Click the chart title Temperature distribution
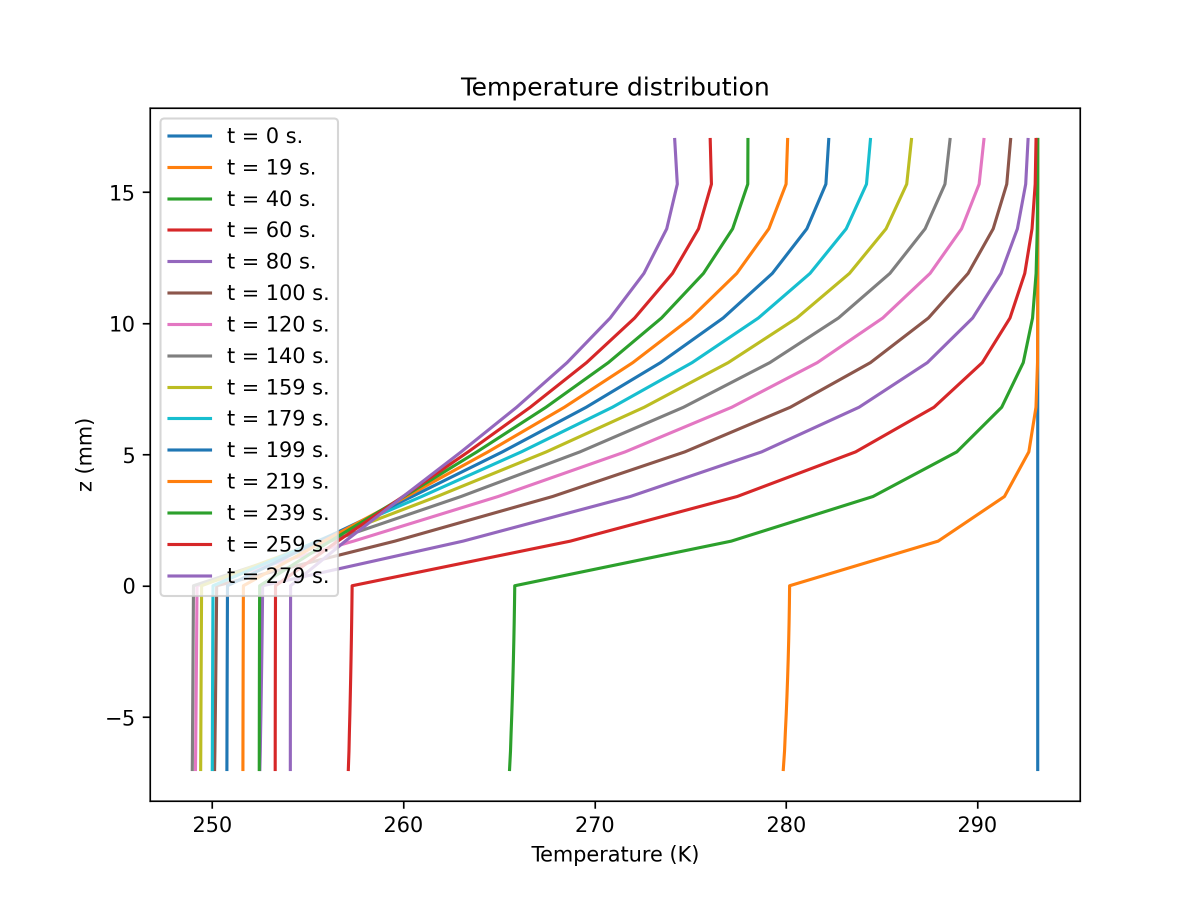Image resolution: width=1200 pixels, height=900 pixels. point(614,87)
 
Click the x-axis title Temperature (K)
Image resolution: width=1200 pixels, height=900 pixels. point(614,854)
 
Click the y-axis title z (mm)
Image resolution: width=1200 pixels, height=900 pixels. point(85,454)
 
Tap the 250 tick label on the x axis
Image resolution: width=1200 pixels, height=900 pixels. point(212,825)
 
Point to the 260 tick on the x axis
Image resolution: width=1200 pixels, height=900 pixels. point(403,825)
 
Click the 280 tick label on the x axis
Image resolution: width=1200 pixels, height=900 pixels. point(786,825)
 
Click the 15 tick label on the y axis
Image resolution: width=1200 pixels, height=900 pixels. point(122,193)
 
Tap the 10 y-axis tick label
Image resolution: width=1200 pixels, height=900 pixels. point(122,324)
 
